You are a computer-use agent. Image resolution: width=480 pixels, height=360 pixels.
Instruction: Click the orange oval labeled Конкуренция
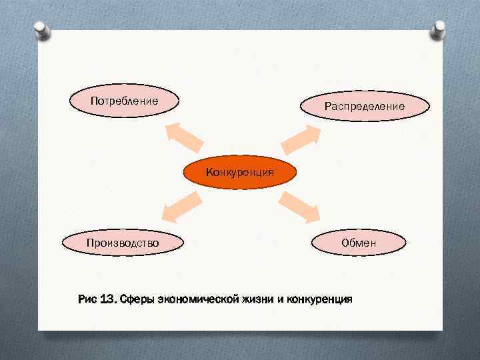[x=239, y=173]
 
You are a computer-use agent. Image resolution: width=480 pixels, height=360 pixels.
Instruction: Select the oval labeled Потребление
[x=125, y=101]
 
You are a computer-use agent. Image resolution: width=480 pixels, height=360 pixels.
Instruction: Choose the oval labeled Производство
[x=123, y=242]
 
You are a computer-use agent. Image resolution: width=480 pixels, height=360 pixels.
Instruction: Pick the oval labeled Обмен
[x=359, y=242]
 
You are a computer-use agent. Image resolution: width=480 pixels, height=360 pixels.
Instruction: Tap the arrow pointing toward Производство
[x=181, y=204]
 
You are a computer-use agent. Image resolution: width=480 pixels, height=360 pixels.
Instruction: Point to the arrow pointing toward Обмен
[x=301, y=206]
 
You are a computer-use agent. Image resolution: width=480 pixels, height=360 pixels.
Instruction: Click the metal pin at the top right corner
[x=439, y=28]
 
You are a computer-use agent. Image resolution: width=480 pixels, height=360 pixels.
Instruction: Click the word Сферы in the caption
[x=137, y=299]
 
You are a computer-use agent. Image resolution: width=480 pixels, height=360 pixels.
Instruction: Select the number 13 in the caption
[x=107, y=299]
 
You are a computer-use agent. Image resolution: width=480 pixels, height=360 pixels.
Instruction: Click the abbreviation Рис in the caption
[x=87, y=299]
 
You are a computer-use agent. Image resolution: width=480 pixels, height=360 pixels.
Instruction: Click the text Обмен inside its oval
[x=359, y=243]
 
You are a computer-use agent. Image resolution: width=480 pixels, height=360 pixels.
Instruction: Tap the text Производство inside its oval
[x=123, y=243]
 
